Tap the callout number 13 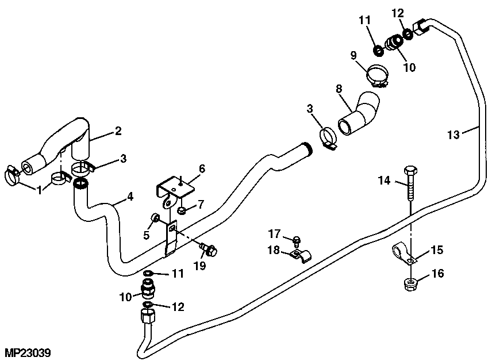[454, 135]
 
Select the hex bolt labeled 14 [410, 183]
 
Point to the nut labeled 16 [412, 283]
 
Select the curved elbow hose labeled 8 [360, 114]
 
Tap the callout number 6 [202, 169]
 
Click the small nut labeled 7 [181, 211]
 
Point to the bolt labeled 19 [209, 250]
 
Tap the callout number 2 [118, 130]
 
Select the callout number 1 [40, 189]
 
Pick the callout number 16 [438, 274]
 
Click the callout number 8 [339, 89]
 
